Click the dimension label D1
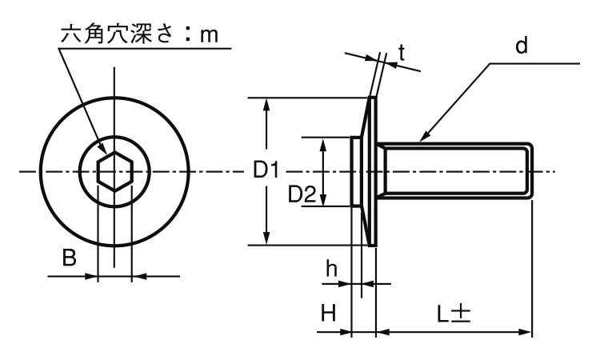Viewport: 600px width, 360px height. point(266,170)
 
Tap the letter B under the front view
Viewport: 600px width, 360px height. point(70,258)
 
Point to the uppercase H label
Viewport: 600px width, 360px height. point(328,313)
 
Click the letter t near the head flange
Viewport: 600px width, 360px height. point(401,54)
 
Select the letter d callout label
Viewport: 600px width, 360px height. point(521,46)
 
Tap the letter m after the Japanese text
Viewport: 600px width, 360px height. point(210,34)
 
